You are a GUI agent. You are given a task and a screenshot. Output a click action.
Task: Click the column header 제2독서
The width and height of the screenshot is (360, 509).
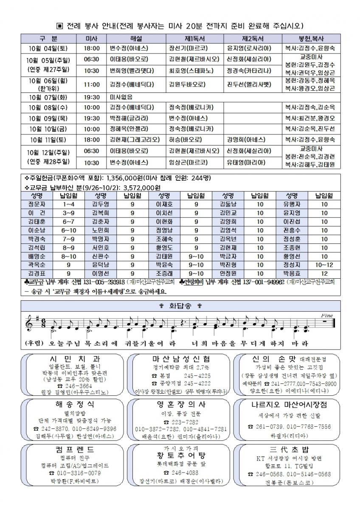[x=253, y=38]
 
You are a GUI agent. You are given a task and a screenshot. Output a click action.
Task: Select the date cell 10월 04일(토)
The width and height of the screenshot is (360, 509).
[x=48, y=48]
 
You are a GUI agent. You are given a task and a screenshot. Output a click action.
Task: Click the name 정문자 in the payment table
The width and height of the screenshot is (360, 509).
[x=37, y=204]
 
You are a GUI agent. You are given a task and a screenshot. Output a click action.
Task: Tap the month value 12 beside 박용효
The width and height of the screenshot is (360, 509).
[x=324, y=273]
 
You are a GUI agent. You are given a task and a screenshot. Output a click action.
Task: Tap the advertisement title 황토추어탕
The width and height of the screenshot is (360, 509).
[x=180, y=456]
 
